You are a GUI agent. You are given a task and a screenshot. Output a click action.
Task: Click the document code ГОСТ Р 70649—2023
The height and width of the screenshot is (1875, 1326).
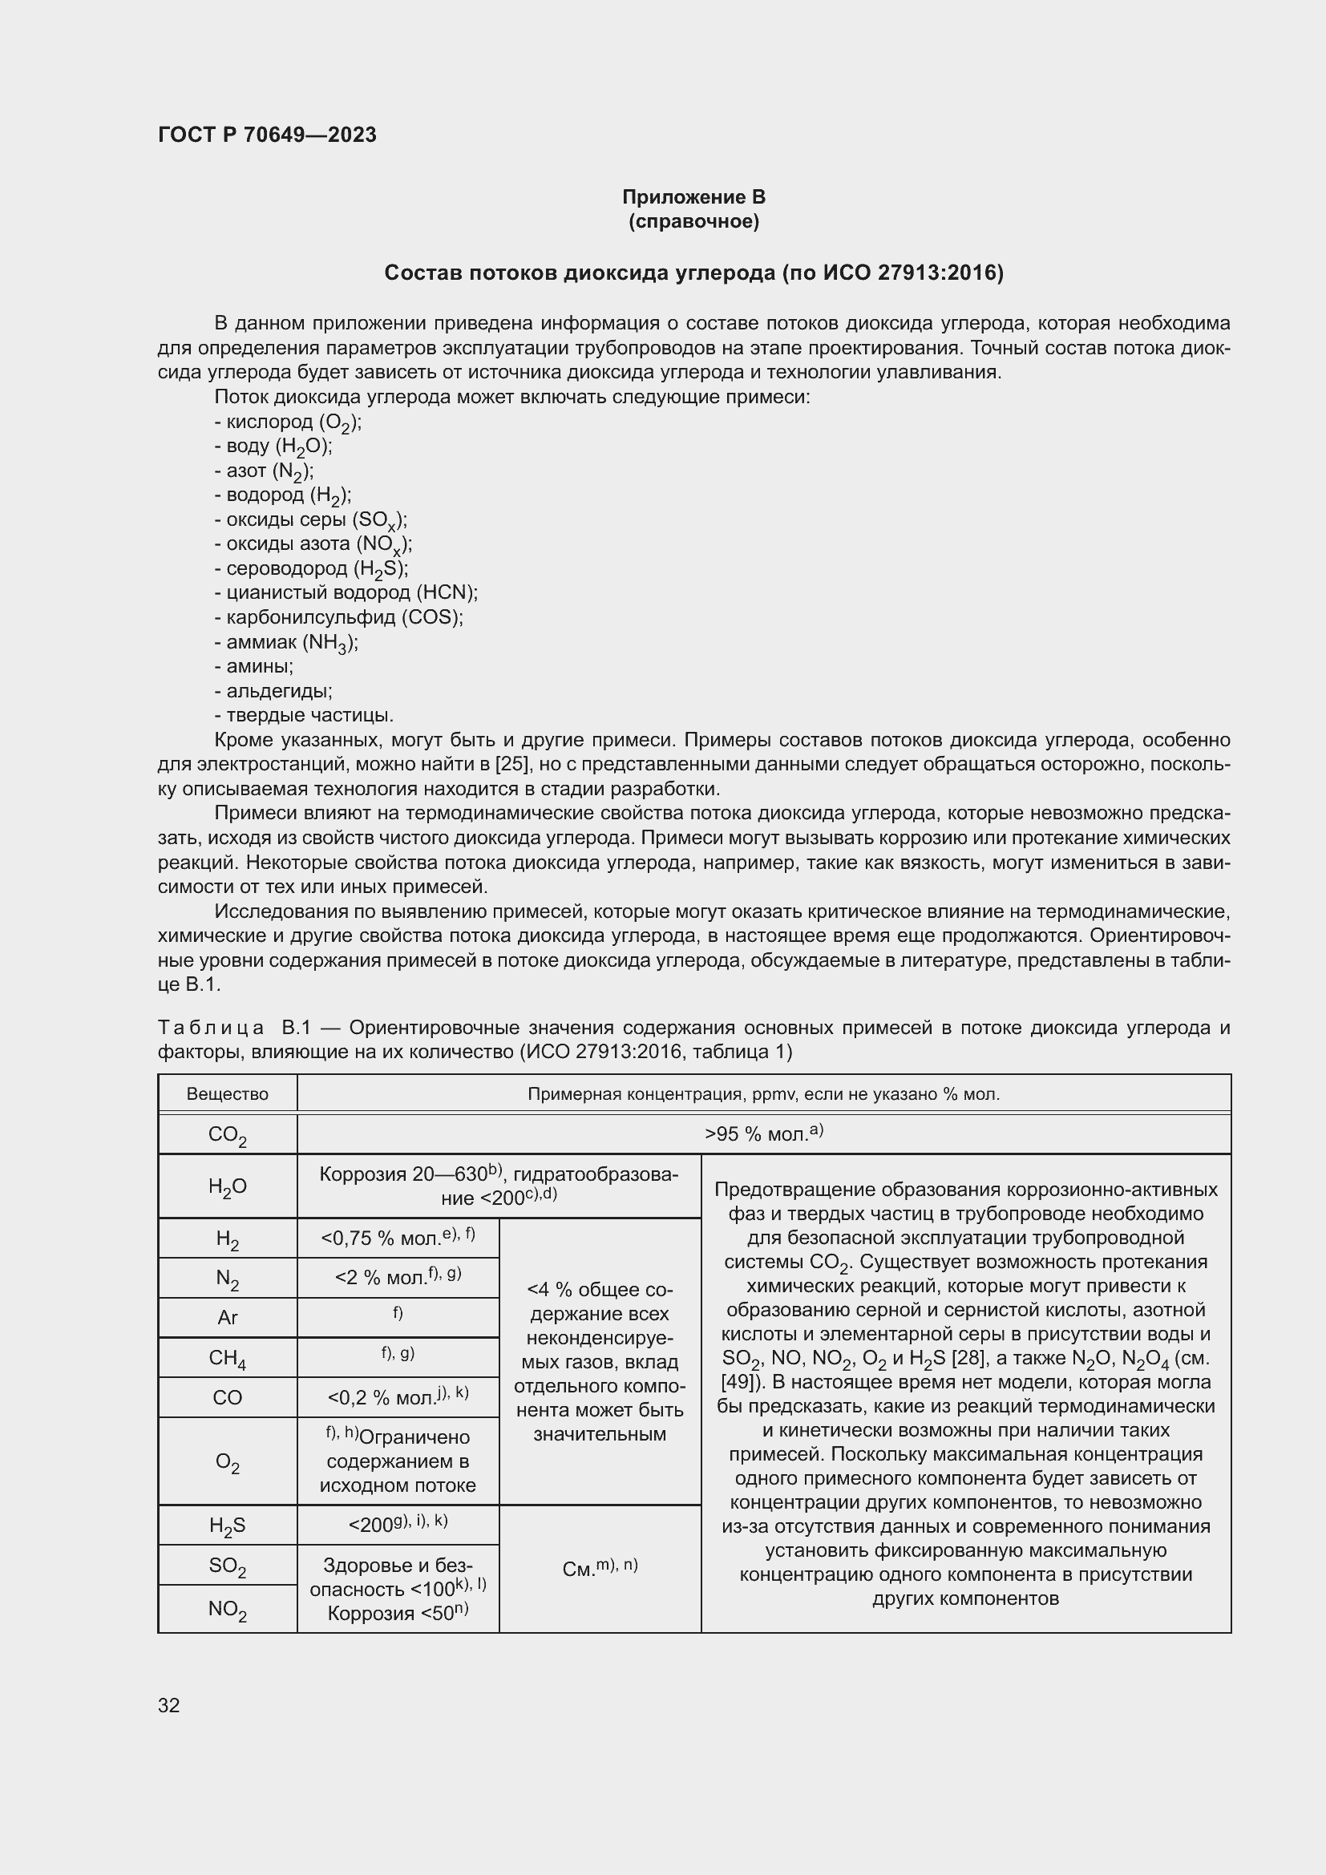[267, 135]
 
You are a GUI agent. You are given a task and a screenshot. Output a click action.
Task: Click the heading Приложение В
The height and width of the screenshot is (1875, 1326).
[693, 197]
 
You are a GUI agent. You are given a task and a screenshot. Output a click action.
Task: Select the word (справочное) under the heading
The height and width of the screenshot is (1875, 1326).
[693, 221]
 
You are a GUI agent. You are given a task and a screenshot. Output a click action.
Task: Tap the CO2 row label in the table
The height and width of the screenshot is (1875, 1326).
[227, 1134]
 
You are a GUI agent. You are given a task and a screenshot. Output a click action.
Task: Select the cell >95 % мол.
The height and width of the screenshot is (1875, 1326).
[762, 1133]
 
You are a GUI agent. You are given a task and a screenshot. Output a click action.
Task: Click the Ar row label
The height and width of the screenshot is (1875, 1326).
[227, 1317]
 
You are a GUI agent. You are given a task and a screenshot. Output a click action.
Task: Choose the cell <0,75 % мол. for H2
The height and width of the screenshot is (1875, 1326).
[398, 1238]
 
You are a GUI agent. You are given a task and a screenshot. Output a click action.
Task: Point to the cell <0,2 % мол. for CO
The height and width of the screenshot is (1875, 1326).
[398, 1397]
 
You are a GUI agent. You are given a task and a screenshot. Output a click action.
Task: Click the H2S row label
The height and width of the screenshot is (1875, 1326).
[227, 1525]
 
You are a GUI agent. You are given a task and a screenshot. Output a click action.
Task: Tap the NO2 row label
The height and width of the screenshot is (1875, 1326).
[227, 1609]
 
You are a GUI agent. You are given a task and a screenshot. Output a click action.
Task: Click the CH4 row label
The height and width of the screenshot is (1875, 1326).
[227, 1358]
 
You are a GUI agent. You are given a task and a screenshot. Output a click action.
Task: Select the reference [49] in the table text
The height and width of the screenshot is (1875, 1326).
[738, 1382]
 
